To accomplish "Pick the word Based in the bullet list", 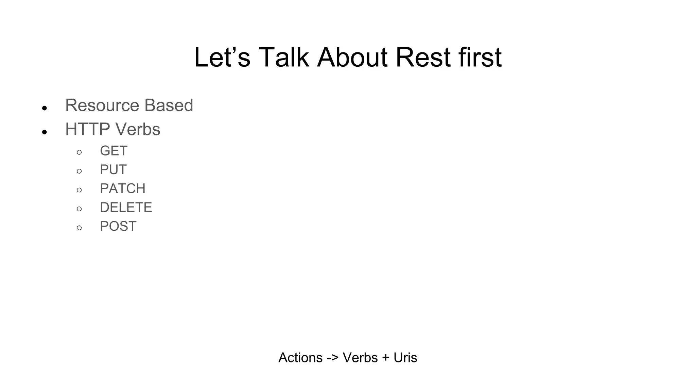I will point(169,105).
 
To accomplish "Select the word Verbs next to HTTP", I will point(138,129).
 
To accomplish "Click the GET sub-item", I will point(114,151).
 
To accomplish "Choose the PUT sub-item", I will point(113,169).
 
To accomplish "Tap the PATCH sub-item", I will point(122,189).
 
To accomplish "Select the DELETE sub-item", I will point(126,207).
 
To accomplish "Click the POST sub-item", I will point(118,226).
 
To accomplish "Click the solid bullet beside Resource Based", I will point(44,108).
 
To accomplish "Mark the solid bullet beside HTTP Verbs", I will point(44,132).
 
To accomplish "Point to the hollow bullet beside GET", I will point(79,152).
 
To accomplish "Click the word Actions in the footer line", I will point(300,358).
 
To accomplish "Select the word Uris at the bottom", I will point(405,358).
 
